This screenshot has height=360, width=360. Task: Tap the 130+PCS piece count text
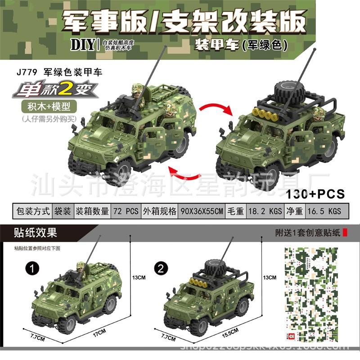click(315, 194)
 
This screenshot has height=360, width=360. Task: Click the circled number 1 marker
click(30, 269)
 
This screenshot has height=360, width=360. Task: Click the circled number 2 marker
click(158, 269)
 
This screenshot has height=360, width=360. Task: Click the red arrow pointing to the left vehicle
click(182, 173)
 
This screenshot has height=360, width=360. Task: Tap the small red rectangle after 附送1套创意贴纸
click(345, 233)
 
